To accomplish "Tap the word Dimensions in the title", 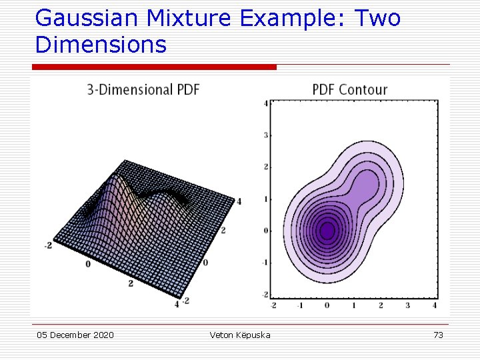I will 101,45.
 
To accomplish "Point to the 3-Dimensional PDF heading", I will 143,89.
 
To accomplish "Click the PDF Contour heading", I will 349,89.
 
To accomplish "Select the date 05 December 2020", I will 75,335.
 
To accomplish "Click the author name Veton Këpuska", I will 240,335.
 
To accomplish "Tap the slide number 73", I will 438,335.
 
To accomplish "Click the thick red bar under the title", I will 154,67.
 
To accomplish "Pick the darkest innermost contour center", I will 327,231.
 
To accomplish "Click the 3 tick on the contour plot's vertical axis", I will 266,135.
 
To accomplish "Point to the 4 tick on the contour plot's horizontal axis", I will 435,305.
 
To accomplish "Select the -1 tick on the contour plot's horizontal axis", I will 300,305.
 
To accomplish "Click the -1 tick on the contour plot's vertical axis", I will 265,263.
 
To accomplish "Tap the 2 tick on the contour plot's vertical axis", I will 266,167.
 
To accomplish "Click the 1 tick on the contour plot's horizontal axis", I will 354,305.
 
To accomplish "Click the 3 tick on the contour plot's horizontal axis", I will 408,305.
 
